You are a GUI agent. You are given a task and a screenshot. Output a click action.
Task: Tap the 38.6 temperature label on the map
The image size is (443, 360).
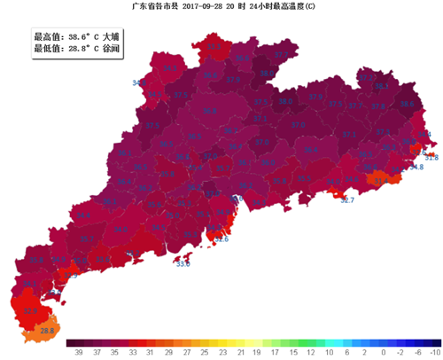(408, 104)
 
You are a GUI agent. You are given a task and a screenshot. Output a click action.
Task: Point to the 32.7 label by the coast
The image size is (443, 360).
(347, 201)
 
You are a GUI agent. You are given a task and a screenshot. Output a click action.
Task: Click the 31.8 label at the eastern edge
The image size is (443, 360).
(431, 158)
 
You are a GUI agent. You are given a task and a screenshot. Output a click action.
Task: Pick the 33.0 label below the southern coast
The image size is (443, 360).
(183, 264)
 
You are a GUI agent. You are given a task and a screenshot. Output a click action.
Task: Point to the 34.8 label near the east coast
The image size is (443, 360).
(416, 167)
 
